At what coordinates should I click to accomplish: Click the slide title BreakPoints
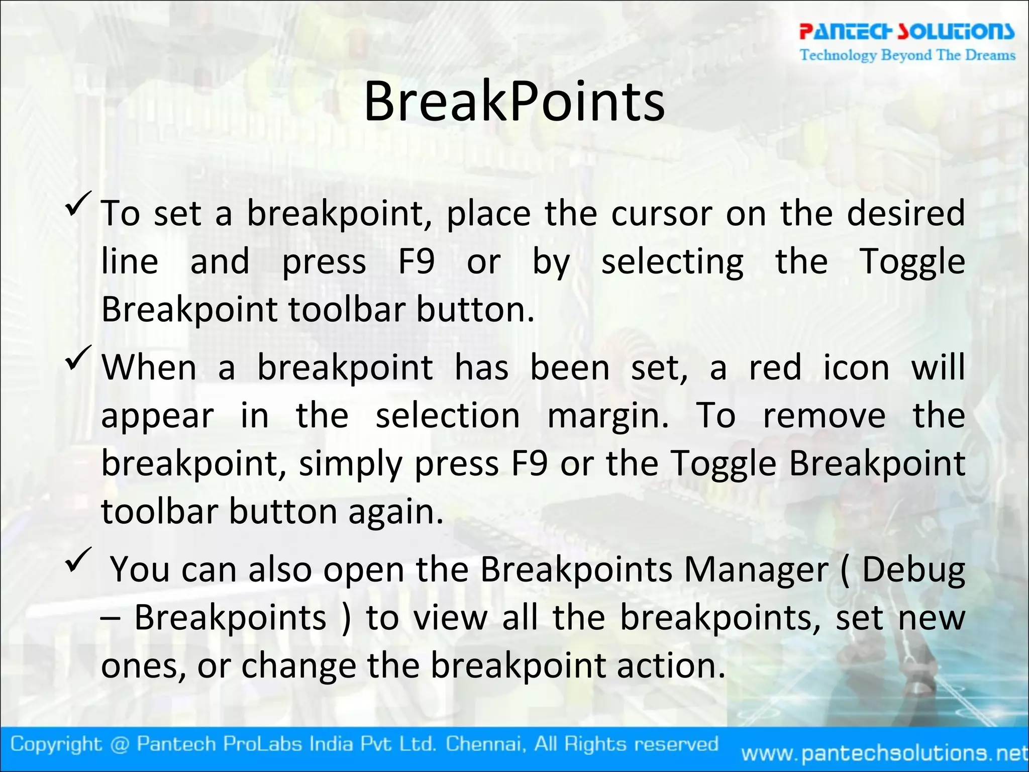point(514,102)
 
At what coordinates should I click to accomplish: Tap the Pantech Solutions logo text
point(907,32)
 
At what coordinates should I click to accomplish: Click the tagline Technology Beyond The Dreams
point(907,55)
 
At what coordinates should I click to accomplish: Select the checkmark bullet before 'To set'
point(78,204)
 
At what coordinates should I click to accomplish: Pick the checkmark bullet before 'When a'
point(78,358)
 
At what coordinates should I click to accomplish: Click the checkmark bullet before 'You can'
point(78,560)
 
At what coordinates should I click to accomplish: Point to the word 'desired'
point(906,213)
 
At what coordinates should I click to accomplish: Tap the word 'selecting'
point(672,262)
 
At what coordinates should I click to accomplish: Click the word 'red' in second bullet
point(775,368)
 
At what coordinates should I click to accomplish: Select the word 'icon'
point(856,368)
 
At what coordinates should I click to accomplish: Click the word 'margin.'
point(608,417)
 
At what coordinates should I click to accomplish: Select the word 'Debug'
point(913,570)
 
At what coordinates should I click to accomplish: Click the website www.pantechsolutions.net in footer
point(884,753)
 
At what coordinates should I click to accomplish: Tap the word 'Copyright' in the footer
point(55,744)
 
